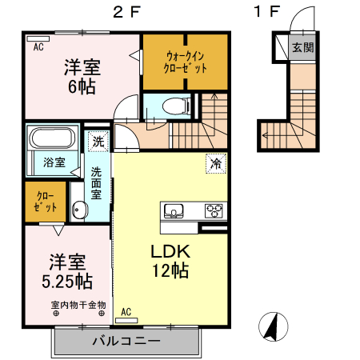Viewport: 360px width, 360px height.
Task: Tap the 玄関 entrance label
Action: tap(302, 47)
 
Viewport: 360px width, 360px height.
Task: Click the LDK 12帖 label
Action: tap(170, 261)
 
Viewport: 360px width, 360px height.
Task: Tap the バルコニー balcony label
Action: tap(126, 342)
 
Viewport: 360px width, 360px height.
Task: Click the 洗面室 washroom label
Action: tap(96, 182)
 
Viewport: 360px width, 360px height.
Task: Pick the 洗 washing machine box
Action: tap(97, 141)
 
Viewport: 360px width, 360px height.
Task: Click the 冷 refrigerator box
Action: tap(216, 162)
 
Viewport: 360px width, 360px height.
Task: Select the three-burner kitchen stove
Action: tap(214, 211)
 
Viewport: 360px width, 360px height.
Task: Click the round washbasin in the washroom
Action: tap(78, 210)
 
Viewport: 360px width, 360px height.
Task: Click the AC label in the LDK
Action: tap(126, 312)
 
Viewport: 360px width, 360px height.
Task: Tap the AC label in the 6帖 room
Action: tap(38, 47)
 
